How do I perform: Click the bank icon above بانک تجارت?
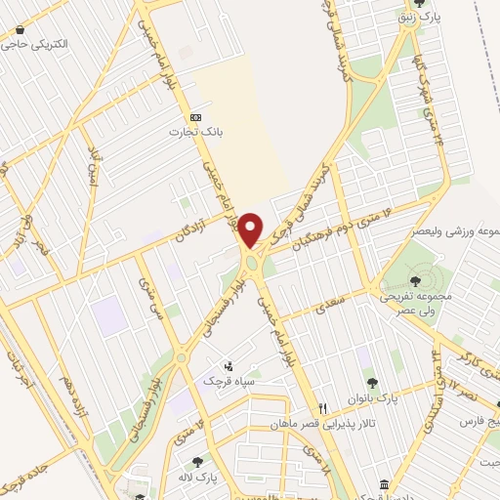tap(195, 112)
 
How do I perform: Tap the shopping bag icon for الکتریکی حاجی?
tap(20, 29)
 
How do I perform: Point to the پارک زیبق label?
tap(428, 18)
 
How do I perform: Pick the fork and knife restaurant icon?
tap(322, 409)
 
